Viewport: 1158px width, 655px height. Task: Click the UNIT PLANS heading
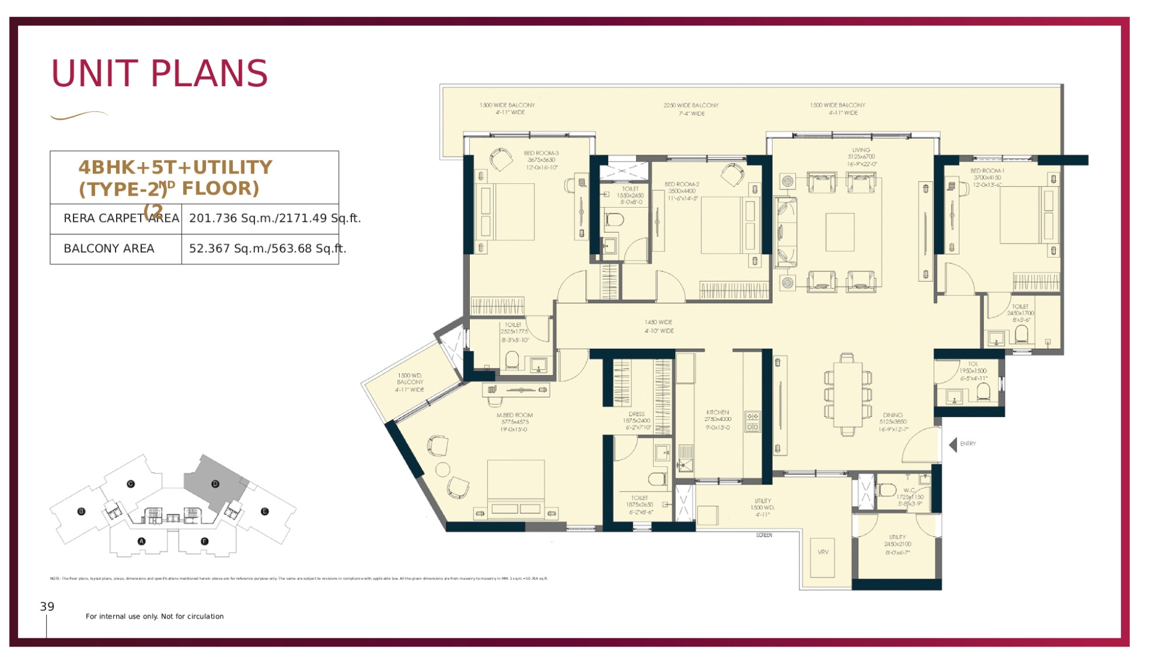click(x=159, y=74)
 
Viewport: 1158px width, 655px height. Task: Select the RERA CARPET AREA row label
click(x=121, y=218)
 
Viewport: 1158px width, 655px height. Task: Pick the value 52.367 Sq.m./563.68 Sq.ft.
click(x=268, y=249)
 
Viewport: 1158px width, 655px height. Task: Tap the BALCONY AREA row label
click(x=109, y=249)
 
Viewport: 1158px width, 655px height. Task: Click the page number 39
click(x=47, y=607)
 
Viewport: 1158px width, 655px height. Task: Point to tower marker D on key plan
click(x=215, y=484)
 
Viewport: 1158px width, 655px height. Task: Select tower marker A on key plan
click(x=141, y=541)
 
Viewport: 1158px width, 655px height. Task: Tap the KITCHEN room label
click(x=718, y=413)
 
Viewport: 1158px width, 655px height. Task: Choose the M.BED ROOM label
click(x=514, y=415)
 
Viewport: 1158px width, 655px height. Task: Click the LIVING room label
click(x=861, y=150)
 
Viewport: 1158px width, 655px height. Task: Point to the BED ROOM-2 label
click(x=682, y=184)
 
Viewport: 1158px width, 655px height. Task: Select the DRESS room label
click(x=637, y=414)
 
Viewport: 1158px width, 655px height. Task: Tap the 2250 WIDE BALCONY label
click(x=691, y=105)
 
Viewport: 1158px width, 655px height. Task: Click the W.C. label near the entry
click(x=909, y=491)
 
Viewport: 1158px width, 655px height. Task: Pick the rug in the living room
click(x=840, y=232)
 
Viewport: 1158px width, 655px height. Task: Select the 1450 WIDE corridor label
click(x=658, y=322)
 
